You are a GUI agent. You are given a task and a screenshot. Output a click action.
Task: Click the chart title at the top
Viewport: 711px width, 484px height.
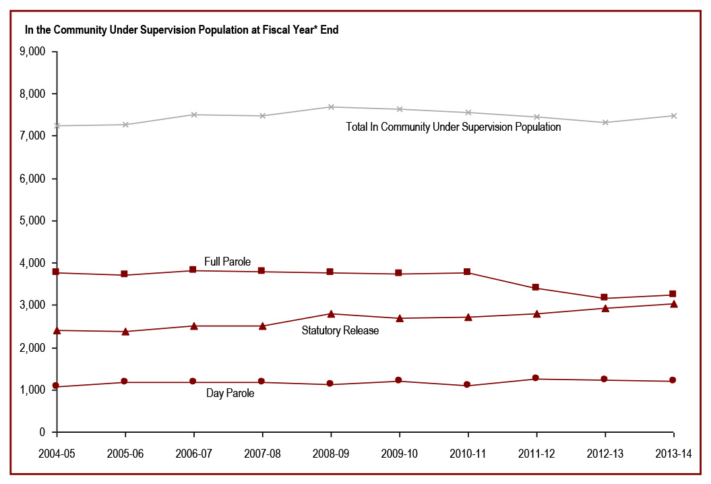coord(181,30)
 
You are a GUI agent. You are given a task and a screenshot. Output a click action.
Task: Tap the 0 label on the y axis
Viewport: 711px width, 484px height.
coord(42,432)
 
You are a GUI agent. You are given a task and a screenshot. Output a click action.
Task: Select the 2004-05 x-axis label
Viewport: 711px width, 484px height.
coord(57,454)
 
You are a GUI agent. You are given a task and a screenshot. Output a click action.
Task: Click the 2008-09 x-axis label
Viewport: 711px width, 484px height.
coord(331,454)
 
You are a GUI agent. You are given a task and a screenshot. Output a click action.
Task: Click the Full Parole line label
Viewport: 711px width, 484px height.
coord(228,262)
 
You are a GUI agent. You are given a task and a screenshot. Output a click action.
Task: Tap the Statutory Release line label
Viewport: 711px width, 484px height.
coord(340,330)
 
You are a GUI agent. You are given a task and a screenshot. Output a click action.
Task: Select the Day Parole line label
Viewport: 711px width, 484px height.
coord(230,393)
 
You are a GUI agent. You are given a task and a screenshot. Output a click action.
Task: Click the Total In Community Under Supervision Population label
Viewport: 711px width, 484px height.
coord(454,127)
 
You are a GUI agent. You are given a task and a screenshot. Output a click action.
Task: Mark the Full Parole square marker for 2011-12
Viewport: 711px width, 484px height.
coord(536,288)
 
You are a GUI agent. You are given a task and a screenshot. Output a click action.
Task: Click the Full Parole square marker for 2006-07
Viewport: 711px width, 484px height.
coord(193,270)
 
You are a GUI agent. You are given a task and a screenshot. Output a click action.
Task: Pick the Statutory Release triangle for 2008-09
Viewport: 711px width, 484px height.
coord(331,313)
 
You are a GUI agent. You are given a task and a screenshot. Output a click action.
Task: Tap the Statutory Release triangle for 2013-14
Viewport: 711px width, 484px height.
coord(673,303)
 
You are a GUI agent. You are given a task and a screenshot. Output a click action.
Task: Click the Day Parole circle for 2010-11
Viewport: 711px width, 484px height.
coord(467,386)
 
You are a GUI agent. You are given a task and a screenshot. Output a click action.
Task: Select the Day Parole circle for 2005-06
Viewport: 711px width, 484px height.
coord(125,382)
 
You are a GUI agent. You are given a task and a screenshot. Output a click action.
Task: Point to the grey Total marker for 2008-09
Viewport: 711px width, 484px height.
coord(331,107)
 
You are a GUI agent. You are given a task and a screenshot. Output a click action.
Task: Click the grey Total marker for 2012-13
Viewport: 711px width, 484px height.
coord(605,122)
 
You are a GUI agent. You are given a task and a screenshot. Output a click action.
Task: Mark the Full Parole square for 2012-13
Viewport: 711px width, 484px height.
coord(605,298)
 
